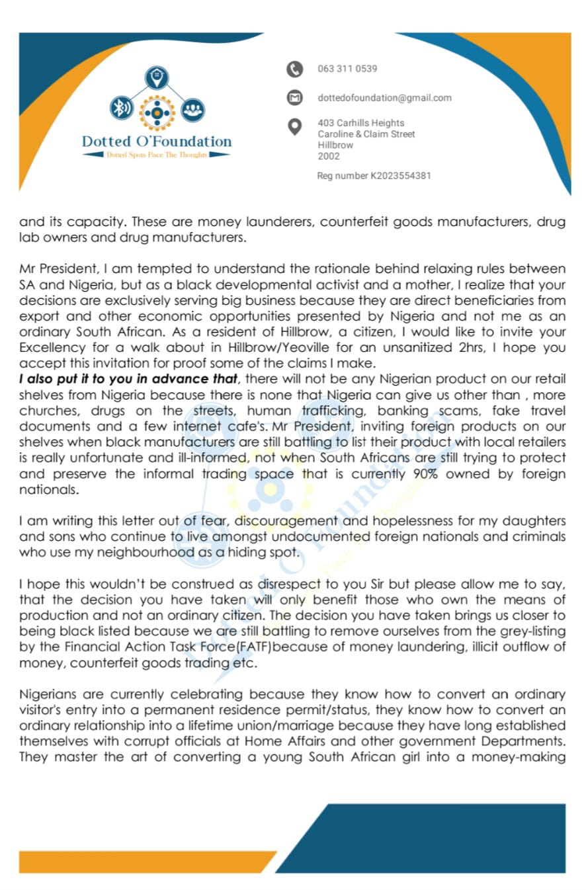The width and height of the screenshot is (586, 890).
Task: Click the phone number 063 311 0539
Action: point(347,69)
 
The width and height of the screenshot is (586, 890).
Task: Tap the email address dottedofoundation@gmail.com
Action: point(384,98)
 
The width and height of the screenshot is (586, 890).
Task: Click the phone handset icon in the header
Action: point(294,69)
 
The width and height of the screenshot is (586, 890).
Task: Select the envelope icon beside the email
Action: point(294,98)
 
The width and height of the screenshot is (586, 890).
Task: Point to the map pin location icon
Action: point(295,126)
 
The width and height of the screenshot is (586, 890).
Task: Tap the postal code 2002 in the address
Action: point(329,156)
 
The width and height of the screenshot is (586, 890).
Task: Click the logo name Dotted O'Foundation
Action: point(157,141)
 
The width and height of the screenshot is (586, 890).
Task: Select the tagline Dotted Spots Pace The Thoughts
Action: point(157,154)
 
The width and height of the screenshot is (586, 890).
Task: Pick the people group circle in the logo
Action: point(192,108)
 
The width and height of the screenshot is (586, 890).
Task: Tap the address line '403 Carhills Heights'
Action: point(360,123)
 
